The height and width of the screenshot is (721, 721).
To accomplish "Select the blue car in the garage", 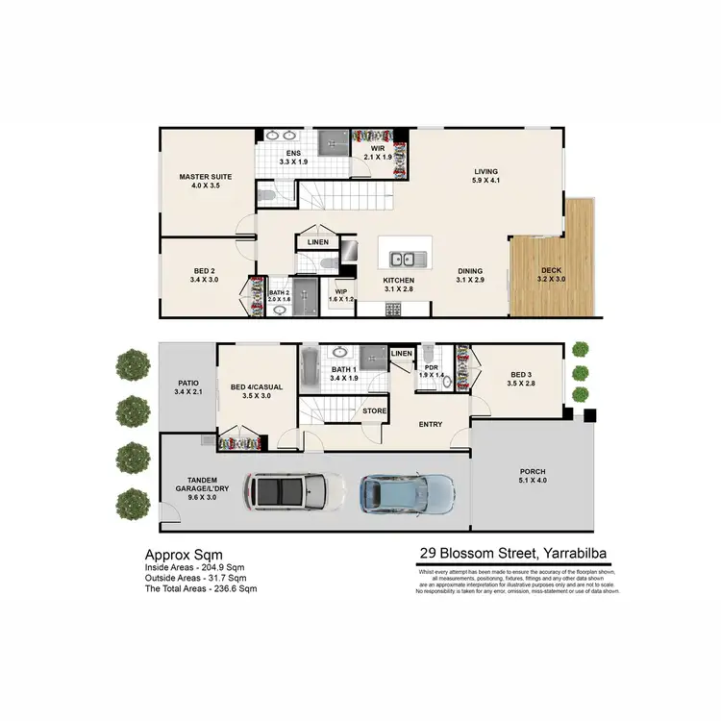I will [x=407, y=493].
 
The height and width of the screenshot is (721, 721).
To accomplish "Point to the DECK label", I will [x=551, y=271].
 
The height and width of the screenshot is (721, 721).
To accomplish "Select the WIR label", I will [x=378, y=149].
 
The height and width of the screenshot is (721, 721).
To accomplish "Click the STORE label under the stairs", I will [x=374, y=412].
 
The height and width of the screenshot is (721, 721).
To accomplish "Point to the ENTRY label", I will [x=430, y=423].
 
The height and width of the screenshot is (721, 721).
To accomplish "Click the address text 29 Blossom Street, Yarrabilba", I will [x=510, y=554].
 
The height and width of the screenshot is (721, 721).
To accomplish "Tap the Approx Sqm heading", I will [x=184, y=555].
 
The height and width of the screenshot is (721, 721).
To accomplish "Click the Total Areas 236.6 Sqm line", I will [x=200, y=587].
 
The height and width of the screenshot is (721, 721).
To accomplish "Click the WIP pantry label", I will [x=341, y=290].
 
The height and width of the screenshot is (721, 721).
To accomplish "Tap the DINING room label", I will [x=470, y=271].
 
